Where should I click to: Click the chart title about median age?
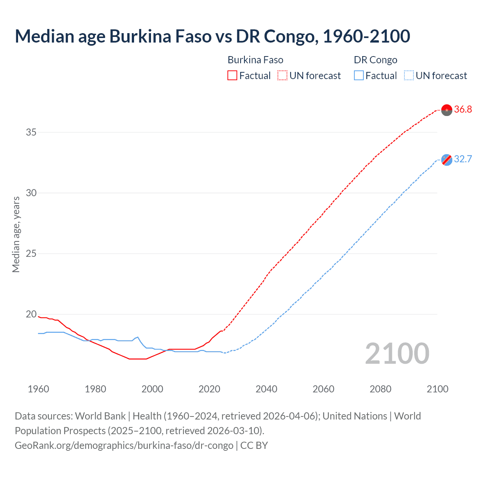[212, 36]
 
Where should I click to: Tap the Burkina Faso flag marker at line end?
[447, 110]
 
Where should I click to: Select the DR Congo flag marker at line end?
[447, 160]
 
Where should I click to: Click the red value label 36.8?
[463, 110]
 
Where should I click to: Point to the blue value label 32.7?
[463, 159]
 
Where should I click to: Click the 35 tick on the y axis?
[31, 132]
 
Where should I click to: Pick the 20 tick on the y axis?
[31, 314]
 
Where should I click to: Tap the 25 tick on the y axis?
[31, 253]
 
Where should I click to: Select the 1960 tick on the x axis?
[38, 389]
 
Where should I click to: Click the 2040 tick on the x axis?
[267, 389]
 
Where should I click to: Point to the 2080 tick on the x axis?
[380, 389]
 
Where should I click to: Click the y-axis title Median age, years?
[16, 234]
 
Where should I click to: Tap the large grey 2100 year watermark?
[397, 353]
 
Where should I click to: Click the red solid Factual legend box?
[232, 76]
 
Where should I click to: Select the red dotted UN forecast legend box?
[282, 76]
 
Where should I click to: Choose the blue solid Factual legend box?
[359, 76]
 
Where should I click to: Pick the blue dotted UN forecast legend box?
[409, 76]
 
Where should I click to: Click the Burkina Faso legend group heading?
[255, 60]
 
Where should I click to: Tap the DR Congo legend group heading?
[375, 60]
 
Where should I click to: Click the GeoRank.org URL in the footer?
[124, 445]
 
